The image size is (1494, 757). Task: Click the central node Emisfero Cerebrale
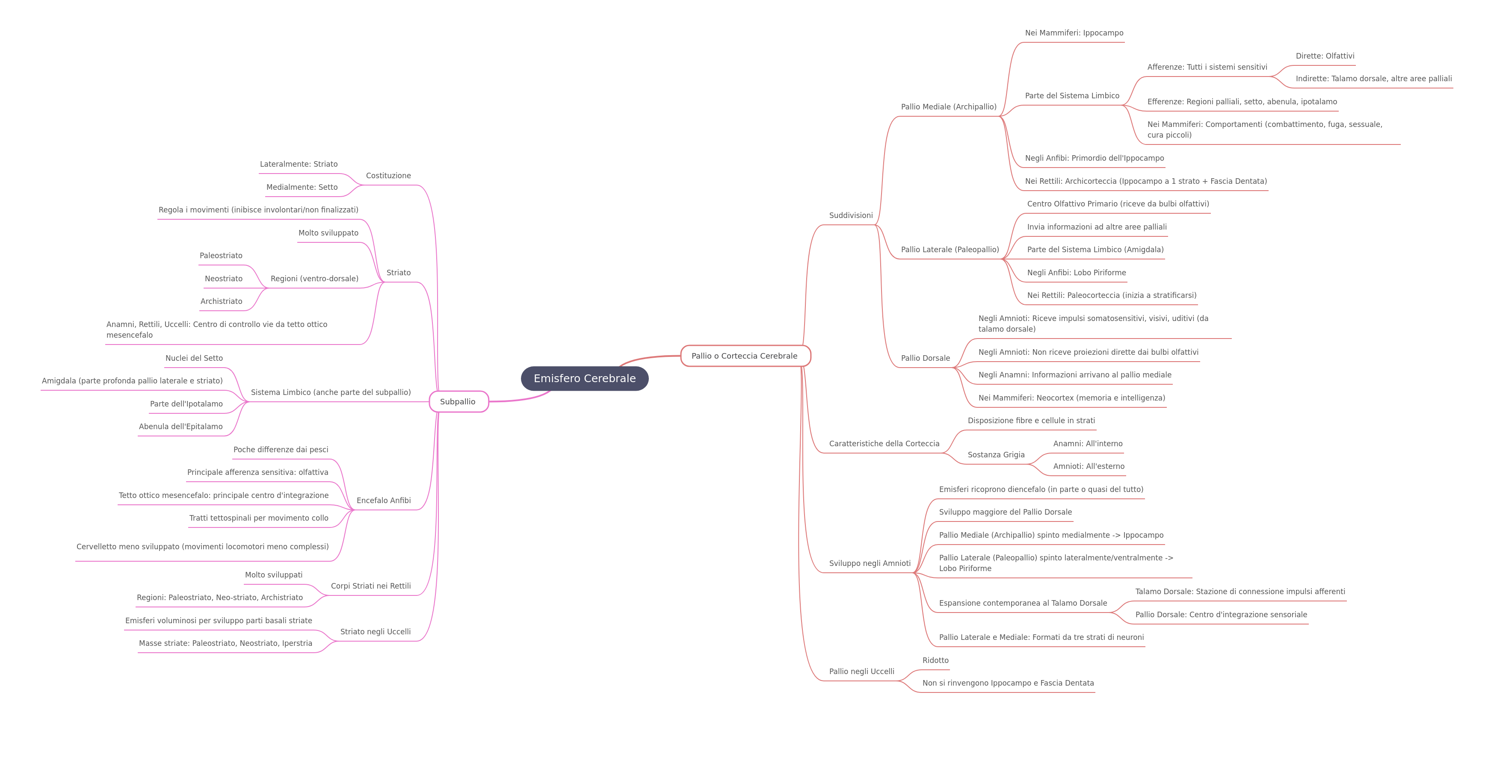click(x=585, y=379)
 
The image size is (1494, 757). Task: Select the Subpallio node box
click(x=459, y=402)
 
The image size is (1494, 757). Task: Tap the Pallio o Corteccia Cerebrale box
click(x=745, y=356)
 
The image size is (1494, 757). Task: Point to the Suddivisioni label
click(x=851, y=215)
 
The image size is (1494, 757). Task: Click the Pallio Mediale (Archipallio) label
click(x=949, y=107)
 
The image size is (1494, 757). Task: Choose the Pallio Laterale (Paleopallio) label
click(x=950, y=250)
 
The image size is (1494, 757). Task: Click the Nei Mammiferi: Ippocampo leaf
click(x=1074, y=33)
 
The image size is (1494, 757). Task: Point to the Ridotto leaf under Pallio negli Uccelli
click(x=935, y=660)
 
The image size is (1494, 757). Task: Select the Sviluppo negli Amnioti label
click(x=870, y=563)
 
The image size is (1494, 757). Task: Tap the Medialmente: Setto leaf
click(x=302, y=187)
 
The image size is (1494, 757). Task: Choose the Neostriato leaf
click(x=224, y=279)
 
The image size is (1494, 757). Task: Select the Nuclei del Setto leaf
click(x=194, y=358)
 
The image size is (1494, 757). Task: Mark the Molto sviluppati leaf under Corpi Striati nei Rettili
click(x=274, y=575)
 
